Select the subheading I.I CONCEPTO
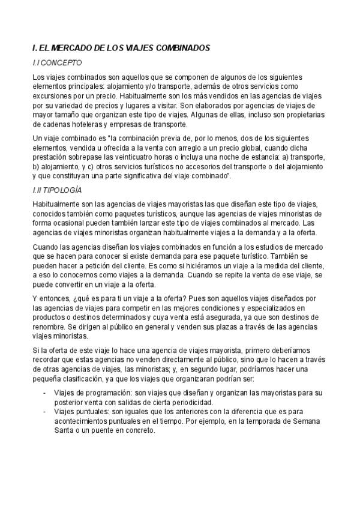pyautogui.click(x=57, y=62)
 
